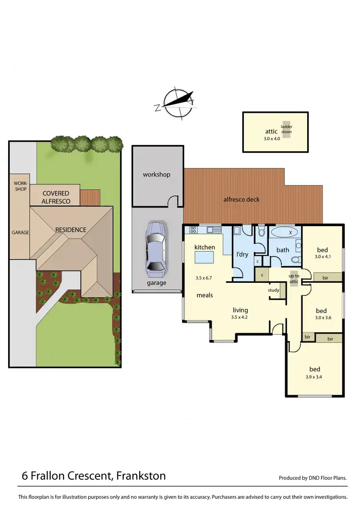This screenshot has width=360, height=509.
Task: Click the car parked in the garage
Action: (x=156, y=249)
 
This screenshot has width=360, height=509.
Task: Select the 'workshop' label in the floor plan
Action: (x=156, y=174)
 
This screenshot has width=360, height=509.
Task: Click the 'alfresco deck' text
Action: (x=242, y=199)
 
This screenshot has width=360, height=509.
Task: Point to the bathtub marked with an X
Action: (x=285, y=232)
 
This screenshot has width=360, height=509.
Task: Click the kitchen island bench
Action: (x=204, y=258)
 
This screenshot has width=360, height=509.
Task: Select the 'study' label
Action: (x=274, y=290)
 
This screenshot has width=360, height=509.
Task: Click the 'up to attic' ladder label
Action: (x=294, y=279)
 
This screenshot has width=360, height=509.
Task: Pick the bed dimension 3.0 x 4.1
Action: (x=323, y=257)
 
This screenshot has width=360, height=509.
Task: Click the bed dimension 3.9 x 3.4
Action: (x=314, y=376)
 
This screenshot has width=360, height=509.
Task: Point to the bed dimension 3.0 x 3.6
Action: (x=321, y=317)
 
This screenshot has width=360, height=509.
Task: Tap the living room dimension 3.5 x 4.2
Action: (x=240, y=317)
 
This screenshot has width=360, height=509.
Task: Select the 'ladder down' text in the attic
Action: (x=287, y=129)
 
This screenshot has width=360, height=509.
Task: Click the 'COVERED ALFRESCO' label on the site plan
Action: (x=56, y=197)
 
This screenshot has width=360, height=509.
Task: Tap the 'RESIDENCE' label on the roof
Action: (x=71, y=230)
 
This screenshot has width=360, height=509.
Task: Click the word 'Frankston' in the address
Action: (x=140, y=476)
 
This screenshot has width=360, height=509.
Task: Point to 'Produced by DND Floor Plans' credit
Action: (x=312, y=478)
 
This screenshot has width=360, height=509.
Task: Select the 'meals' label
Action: (x=205, y=295)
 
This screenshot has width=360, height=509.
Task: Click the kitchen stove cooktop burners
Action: (x=193, y=230)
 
